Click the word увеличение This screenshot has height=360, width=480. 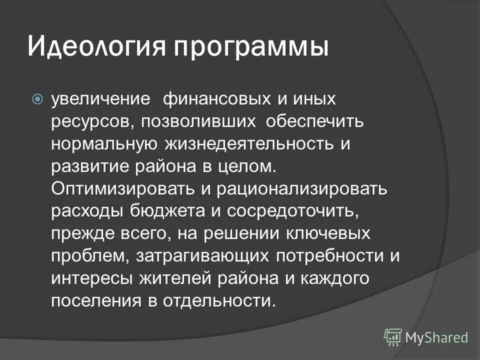pyautogui.click(x=100, y=98)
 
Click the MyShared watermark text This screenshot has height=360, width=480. pyautogui.click(x=436, y=337)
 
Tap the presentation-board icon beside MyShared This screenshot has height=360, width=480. pyautogui.click(x=393, y=337)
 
